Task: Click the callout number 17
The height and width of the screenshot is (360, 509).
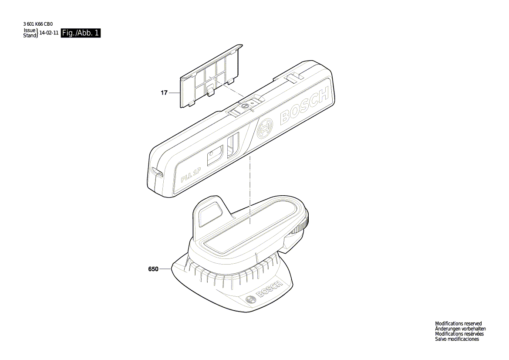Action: pos(164,93)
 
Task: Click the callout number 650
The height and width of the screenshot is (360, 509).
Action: pos(153,269)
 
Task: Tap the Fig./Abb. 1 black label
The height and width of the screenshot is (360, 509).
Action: pos(81,33)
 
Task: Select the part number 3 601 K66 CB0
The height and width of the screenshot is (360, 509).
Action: pos(37,24)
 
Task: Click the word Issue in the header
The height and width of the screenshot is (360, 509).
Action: pos(30,30)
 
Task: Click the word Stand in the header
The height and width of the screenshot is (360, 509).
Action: pos(30,35)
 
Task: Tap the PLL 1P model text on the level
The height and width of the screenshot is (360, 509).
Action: pos(190,175)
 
